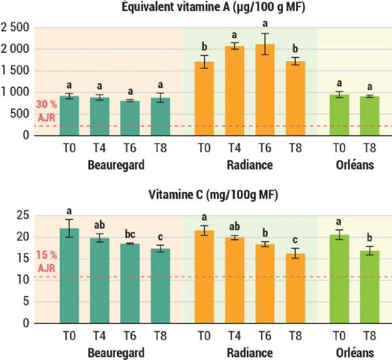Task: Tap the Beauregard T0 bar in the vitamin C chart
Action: point(69,275)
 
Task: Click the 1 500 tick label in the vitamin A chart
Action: point(16,71)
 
